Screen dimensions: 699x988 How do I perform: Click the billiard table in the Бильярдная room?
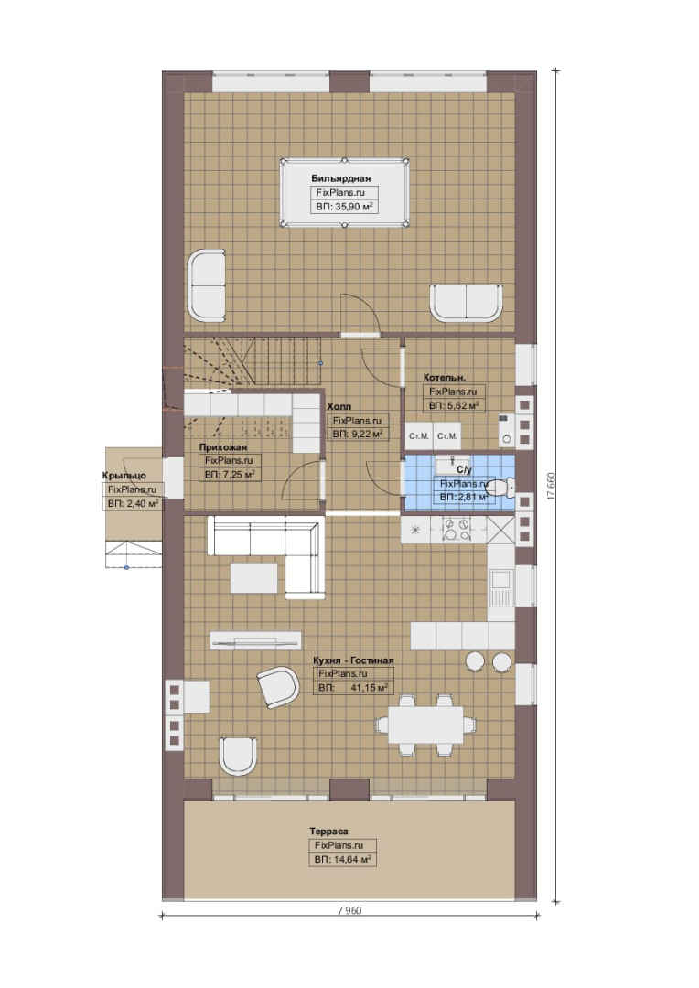[344, 192]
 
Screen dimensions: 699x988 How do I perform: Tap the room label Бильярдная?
[341, 178]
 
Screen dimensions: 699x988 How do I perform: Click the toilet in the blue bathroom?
[502, 487]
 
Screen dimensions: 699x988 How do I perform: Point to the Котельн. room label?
[445, 378]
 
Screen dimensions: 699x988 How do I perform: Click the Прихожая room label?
[223, 447]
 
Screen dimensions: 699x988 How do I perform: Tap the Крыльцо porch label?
[124, 476]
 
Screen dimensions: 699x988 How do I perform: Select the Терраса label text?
[328, 831]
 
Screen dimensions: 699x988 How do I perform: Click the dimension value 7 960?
[349, 910]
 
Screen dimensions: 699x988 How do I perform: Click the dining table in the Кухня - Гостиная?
[425, 724]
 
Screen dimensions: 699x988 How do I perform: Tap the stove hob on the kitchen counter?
[456, 530]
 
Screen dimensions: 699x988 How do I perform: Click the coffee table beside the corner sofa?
[254, 578]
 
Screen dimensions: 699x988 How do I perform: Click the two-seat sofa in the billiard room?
[467, 304]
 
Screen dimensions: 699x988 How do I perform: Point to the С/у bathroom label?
[464, 470]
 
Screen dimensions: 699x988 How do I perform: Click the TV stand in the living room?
[255, 640]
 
